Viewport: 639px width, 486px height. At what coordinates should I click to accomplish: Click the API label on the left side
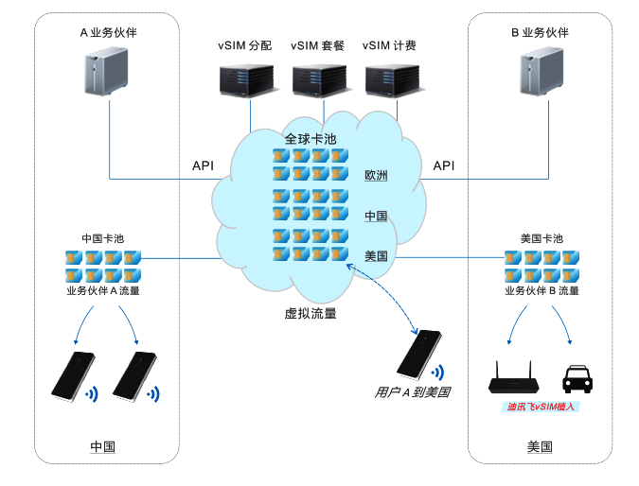(203, 165)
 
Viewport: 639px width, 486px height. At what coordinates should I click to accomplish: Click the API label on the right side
(443, 165)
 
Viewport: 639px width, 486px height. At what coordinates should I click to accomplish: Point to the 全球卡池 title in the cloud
(311, 139)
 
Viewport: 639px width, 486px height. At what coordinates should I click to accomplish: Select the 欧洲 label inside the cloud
(376, 175)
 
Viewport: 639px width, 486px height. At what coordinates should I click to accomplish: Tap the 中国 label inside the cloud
(376, 216)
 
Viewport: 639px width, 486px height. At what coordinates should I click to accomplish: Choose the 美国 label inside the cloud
(376, 255)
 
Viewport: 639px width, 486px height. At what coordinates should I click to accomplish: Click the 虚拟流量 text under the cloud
(311, 313)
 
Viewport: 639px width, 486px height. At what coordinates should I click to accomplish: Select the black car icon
(577, 378)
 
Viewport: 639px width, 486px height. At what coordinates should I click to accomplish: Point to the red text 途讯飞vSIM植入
(541, 407)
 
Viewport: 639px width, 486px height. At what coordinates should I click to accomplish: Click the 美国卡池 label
(541, 238)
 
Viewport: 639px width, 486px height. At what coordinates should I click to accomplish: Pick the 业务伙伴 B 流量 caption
(541, 291)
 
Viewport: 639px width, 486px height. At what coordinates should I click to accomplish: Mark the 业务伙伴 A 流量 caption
(103, 291)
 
